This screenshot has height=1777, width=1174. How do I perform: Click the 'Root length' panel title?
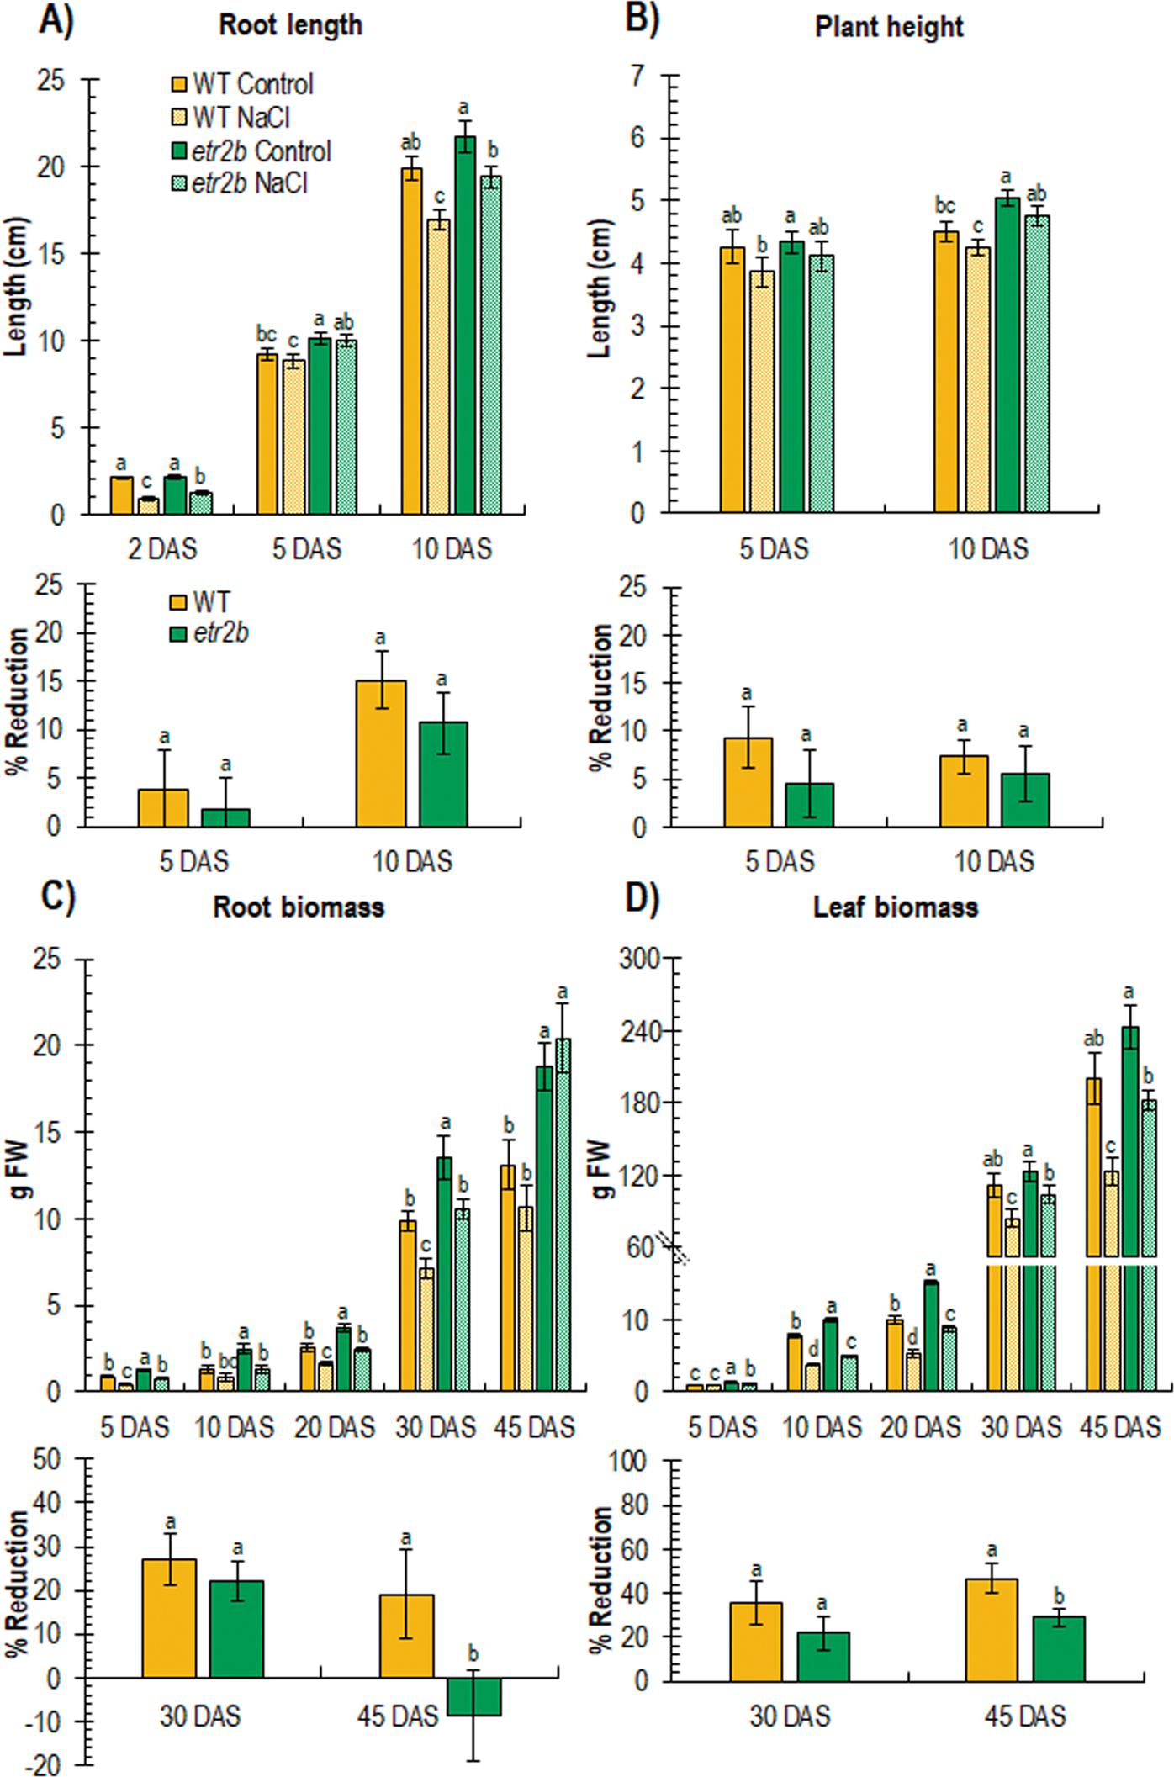(290, 25)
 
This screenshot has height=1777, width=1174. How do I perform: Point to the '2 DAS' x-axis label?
(162, 549)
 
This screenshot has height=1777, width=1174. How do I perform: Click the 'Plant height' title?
(889, 27)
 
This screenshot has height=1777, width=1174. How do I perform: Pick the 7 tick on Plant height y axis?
(638, 76)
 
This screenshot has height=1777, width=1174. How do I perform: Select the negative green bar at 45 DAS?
(474, 1696)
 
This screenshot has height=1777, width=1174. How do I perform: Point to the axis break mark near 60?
(674, 1247)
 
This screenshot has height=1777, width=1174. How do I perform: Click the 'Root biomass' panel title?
(299, 907)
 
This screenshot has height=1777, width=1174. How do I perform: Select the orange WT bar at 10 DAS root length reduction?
(380, 754)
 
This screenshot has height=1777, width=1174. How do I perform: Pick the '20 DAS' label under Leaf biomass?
(920, 1427)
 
